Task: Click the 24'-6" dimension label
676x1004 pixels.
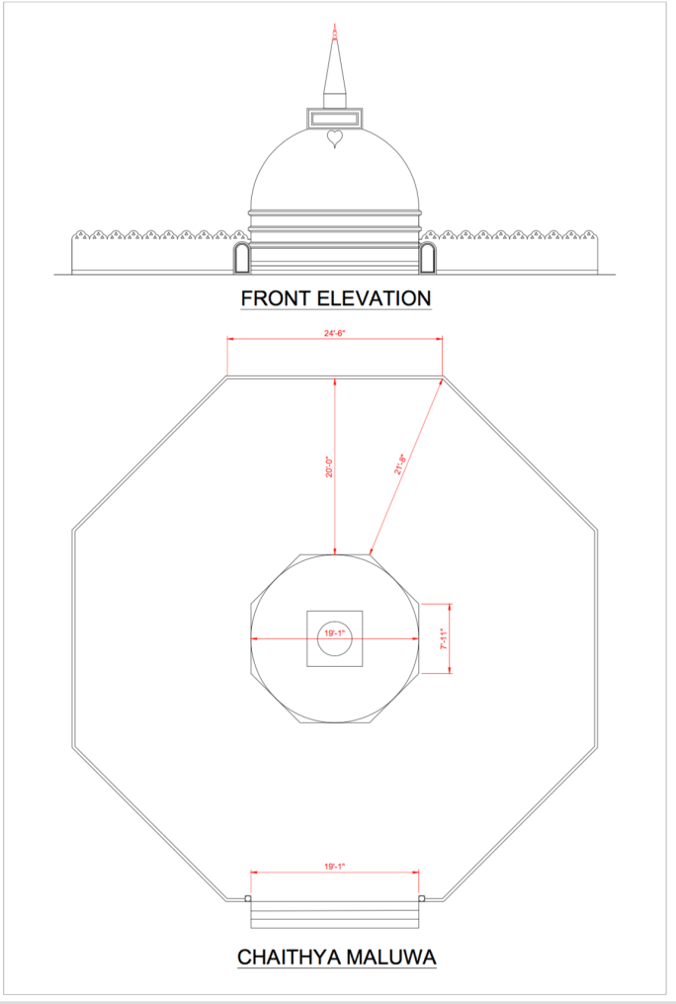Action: [x=334, y=333]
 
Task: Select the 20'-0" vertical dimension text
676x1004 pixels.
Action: [x=330, y=466]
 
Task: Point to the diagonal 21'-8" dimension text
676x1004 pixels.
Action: [x=401, y=464]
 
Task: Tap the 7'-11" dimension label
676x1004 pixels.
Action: [x=445, y=639]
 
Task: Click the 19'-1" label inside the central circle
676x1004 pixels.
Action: [x=335, y=633]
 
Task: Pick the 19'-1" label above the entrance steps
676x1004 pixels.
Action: [x=334, y=867]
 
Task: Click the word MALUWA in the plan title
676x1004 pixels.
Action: [x=395, y=957]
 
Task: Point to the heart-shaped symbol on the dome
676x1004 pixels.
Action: [x=335, y=138]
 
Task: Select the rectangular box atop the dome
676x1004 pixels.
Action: [x=335, y=119]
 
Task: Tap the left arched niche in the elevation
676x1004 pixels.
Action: [x=239, y=259]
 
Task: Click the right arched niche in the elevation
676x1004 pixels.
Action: [x=428, y=259]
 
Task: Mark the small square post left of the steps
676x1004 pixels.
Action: [x=247, y=898]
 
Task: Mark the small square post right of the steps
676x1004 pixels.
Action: [x=422, y=898]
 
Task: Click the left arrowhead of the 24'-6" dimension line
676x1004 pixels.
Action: [x=231, y=340]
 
